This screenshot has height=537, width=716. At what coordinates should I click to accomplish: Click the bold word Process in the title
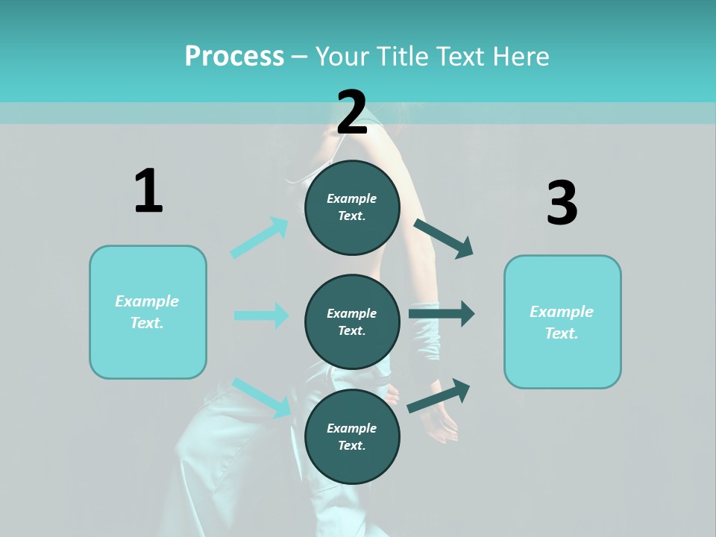point(234,57)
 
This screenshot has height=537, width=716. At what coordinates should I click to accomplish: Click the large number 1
point(148,192)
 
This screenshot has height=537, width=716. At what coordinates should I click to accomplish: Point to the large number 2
point(352,113)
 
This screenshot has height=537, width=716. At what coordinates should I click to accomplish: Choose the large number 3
point(562,204)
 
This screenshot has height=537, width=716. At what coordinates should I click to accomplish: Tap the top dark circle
point(352,207)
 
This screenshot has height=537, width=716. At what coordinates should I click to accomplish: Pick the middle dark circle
point(352,321)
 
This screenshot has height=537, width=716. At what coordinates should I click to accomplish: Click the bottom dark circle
point(352,436)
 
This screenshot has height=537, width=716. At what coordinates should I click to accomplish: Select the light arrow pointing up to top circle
point(260,238)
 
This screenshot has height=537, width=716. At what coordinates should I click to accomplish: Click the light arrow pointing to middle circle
point(261,315)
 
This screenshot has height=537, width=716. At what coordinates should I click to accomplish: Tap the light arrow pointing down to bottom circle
point(262,398)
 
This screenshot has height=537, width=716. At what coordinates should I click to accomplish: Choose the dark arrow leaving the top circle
point(444,239)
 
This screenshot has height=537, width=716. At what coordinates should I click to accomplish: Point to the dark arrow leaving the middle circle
point(442,314)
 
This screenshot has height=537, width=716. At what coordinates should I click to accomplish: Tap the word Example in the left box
point(147,301)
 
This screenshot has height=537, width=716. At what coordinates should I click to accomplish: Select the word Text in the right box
point(561,333)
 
